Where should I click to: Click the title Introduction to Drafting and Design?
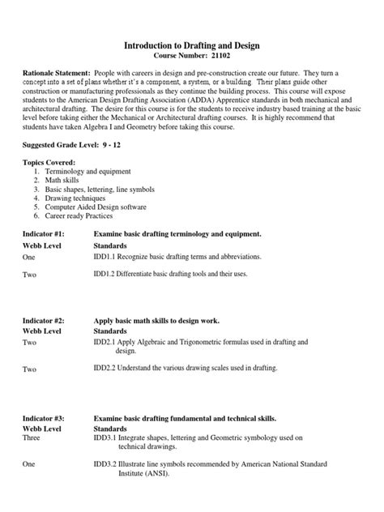click(192, 49)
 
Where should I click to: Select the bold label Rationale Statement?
click(55, 84)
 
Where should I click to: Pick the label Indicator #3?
click(46, 418)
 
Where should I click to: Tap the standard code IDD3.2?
click(109, 464)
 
